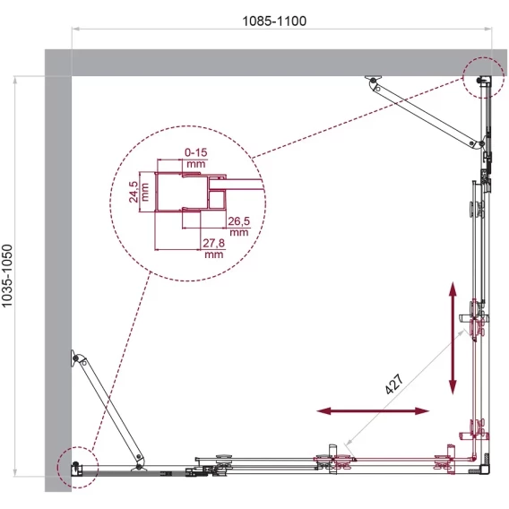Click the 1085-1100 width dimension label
pyautogui.click(x=274, y=22)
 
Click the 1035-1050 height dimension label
pyautogui.click(x=7, y=276)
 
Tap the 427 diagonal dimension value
pyautogui.click(x=394, y=384)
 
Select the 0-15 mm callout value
pyautogui.click(x=196, y=158)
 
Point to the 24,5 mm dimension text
pyautogui.click(x=139, y=192)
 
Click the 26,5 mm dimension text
pyautogui.click(x=239, y=226)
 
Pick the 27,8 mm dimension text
pyautogui.click(x=214, y=248)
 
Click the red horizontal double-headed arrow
pyautogui.click(x=373, y=411)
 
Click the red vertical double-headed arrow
pyautogui.click(x=453, y=338)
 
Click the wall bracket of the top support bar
pyautogui.click(x=373, y=79)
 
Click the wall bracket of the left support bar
pyautogui.click(x=74, y=358)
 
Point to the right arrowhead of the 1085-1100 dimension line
pyautogui.click(x=487, y=29)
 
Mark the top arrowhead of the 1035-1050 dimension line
pyautogui.click(x=14, y=80)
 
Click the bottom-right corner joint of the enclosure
pyautogui.click(x=485, y=469)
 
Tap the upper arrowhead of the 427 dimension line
pyautogui.click(x=462, y=333)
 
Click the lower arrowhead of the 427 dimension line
pyautogui.click(x=349, y=442)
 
